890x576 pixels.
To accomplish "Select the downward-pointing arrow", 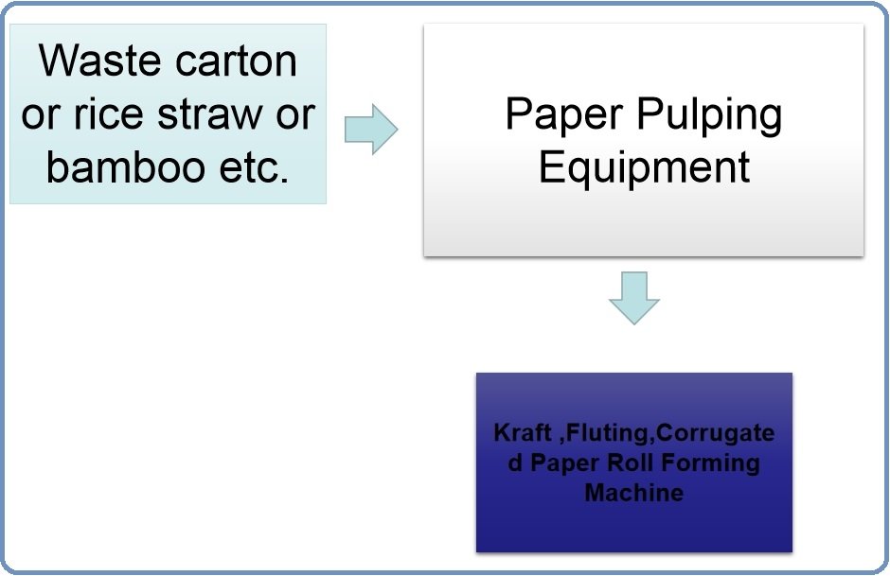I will point(633,298).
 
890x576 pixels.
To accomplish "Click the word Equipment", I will point(644,166).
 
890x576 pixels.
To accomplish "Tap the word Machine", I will point(633,493).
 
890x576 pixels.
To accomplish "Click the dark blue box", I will point(633,530).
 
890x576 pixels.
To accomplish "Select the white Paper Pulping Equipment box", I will point(643,218).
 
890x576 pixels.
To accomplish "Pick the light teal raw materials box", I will point(168,189).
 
